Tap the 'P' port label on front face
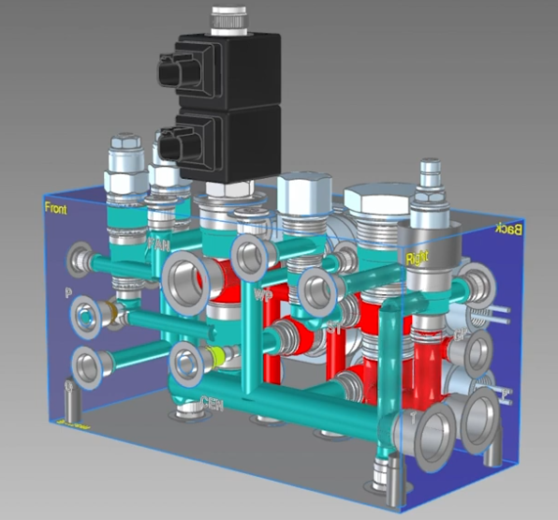coord(68,294)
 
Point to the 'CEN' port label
coord(213,403)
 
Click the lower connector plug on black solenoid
coord(171,146)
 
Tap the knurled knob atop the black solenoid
coord(228,18)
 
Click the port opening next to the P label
coord(88,317)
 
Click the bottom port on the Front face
coord(88,365)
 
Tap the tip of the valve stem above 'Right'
coord(431,170)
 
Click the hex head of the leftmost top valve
coord(124,149)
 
